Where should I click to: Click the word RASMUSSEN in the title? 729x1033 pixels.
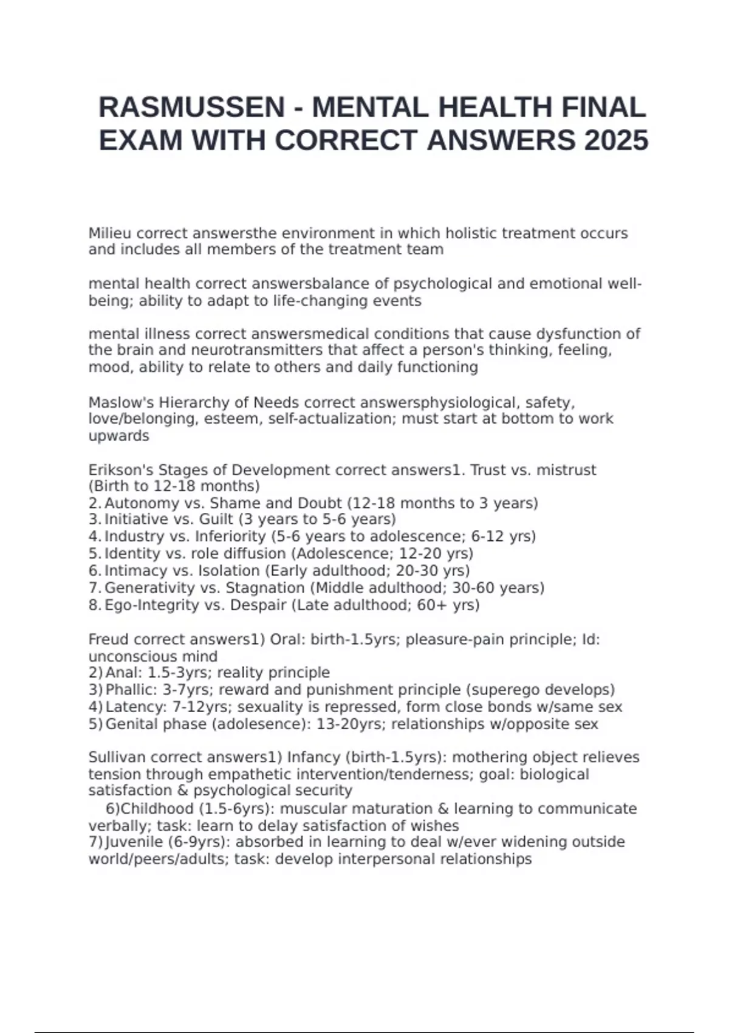coord(191,108)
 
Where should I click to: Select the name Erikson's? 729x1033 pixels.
coord(121,470)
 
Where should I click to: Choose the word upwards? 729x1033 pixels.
coord(118,436)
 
